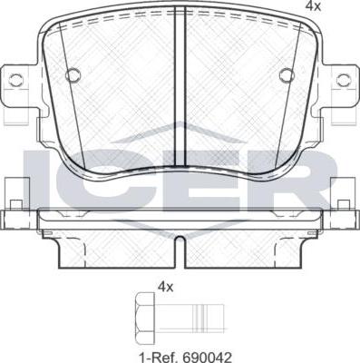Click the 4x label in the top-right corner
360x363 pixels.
pos(313,6)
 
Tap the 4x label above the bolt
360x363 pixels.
pos(165,287)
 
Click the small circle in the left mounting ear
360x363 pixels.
pos(15,79)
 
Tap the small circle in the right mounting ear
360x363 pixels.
pos(343,79)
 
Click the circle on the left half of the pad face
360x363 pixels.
pos(73,74)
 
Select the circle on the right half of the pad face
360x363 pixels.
pos(287,74)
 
